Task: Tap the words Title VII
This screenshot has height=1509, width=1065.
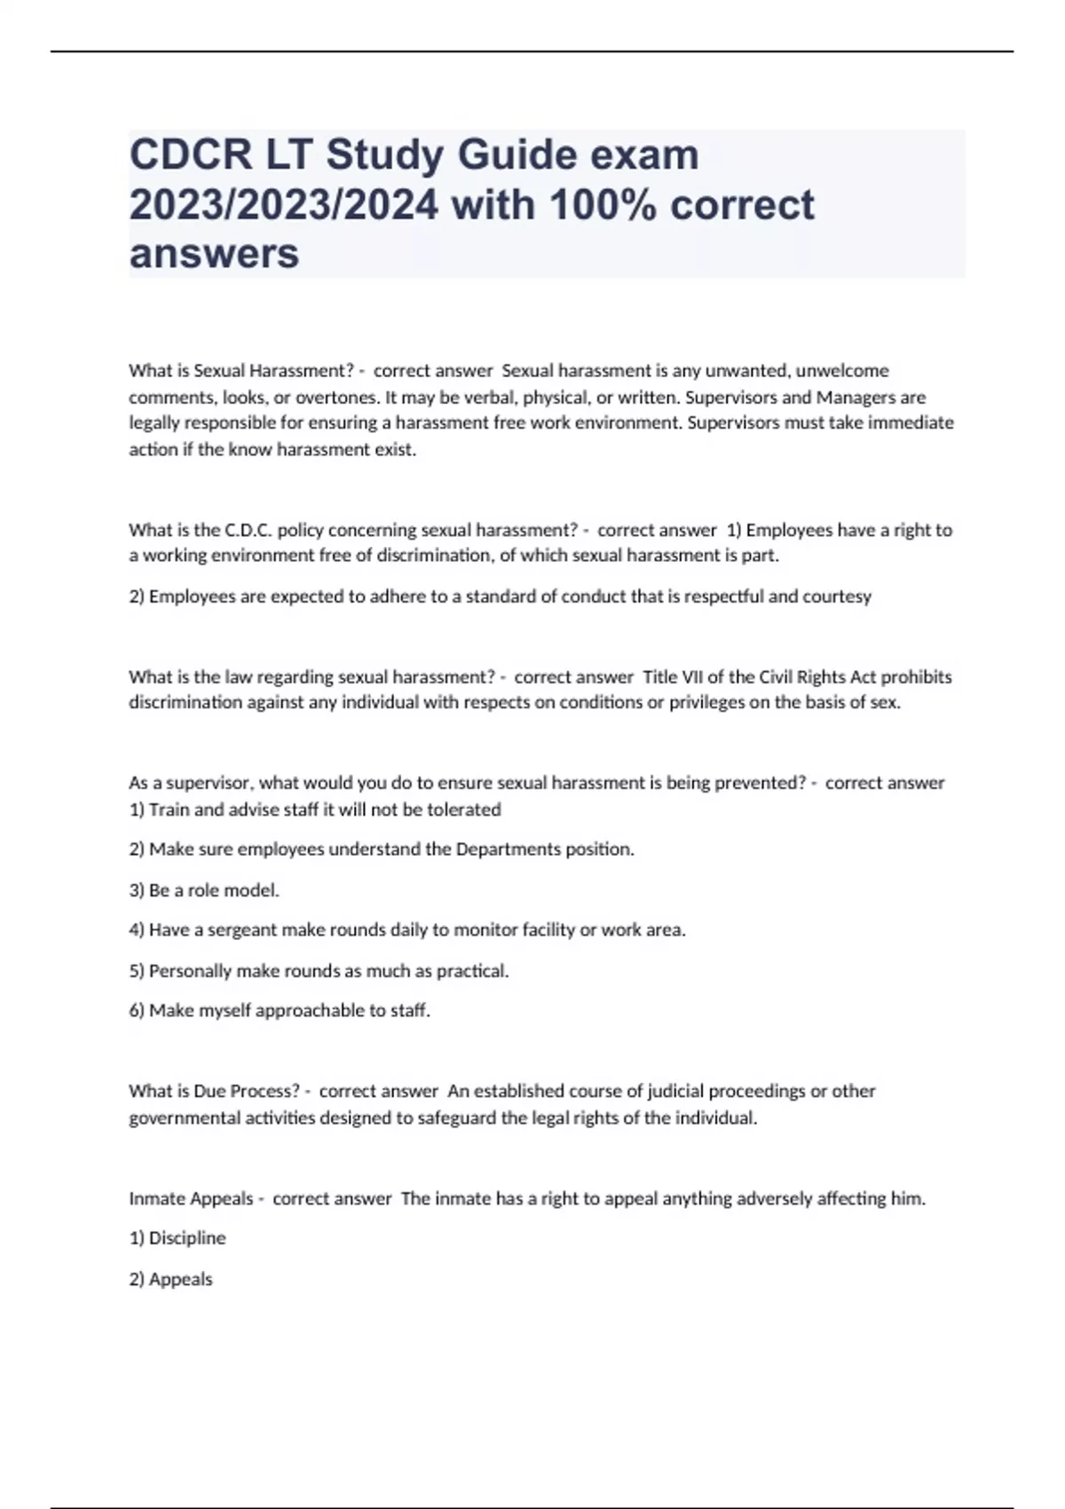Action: point(672,676)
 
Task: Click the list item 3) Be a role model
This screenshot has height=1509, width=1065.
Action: point(204,889)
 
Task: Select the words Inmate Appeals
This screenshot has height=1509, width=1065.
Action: point(191,1198)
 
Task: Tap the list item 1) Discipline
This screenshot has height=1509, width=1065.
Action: point(177,1237)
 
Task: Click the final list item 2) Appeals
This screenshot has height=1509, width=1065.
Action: point(171,1279)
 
